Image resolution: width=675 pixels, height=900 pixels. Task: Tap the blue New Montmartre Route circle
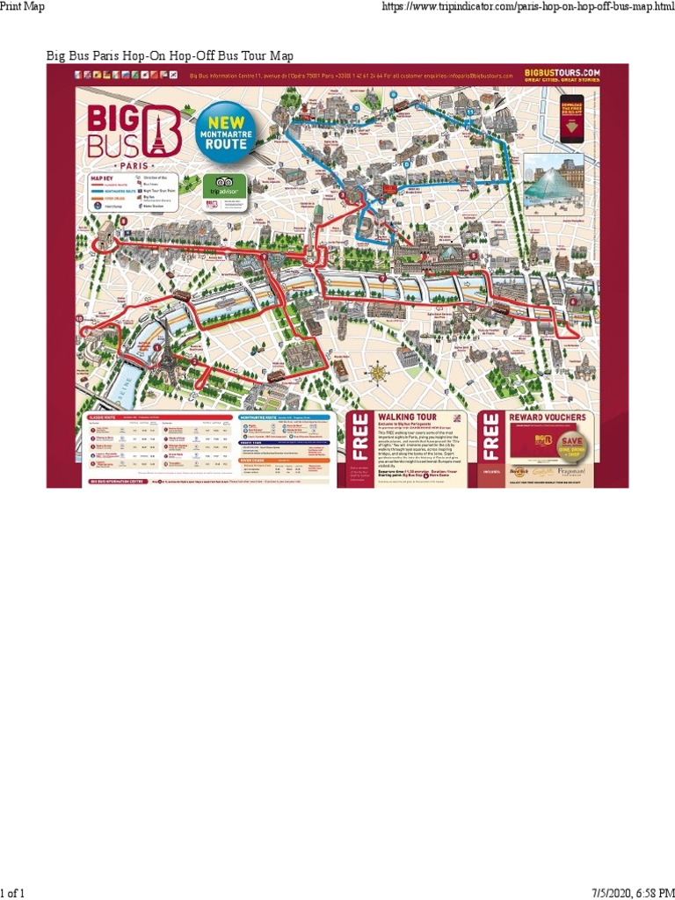[x=226, y=132]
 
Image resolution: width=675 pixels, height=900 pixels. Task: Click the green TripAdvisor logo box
[x=216, y=186]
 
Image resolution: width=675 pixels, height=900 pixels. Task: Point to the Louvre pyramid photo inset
[x=553, y=182]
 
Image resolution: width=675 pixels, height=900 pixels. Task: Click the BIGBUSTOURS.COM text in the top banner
[x=562, y=73]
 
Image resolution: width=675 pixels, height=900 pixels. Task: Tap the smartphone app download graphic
[x=572, y=119]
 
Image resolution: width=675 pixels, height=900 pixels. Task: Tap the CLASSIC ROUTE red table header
[x=159, y=417]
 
